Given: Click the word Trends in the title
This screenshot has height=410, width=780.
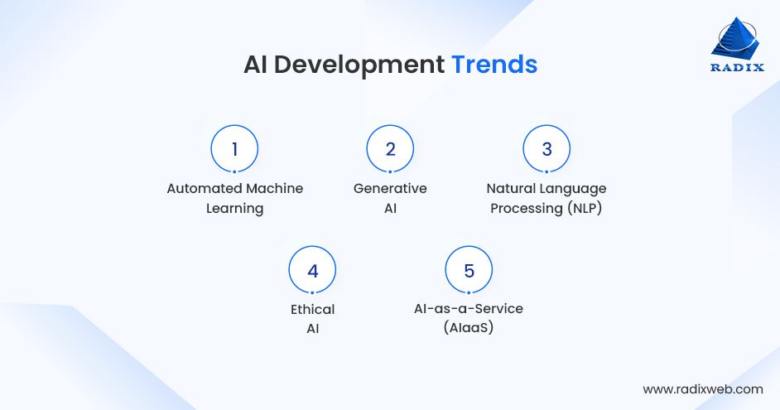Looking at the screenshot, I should [494, 65].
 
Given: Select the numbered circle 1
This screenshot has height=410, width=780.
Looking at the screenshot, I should [234, 149].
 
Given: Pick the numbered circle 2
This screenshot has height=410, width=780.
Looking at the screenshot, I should [390, 149].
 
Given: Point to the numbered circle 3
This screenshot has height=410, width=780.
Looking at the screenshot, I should [546, 149].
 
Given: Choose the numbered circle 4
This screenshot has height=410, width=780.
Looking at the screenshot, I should [312, 271].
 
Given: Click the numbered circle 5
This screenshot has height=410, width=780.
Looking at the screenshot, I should [469, 271].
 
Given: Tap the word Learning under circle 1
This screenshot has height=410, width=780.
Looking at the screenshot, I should [234, 209].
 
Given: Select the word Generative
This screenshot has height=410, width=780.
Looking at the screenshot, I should [390, 189].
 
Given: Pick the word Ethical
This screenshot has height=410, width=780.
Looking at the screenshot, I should [312, 310].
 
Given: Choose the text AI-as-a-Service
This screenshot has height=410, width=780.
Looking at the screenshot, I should [469, 309].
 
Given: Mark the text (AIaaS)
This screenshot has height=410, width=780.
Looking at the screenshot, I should [469, 328].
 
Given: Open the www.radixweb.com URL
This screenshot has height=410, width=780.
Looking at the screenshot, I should [702, 388].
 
